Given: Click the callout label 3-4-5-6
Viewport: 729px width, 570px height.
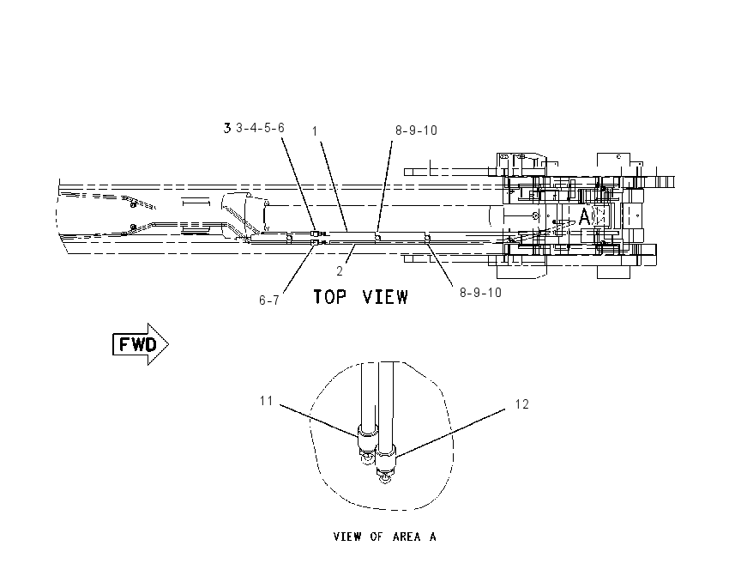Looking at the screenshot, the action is click(260, 128).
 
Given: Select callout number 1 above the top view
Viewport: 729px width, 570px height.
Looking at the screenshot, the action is click(315, 131).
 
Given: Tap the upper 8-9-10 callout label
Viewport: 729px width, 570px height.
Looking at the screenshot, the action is click(416, 130).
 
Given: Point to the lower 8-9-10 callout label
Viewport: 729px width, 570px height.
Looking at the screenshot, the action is click(481, 292).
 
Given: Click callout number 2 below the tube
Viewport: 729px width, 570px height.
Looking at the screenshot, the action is click(340, 270).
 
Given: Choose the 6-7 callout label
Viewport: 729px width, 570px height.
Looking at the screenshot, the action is click(269, 300).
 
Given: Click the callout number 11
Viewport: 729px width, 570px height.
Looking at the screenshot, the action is click(266, 401).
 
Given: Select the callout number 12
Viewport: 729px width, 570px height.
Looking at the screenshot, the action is click(522, 403).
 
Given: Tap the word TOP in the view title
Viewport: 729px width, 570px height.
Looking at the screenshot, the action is click(329, 296).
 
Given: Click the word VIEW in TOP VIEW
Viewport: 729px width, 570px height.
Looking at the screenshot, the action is click(385, 296).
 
